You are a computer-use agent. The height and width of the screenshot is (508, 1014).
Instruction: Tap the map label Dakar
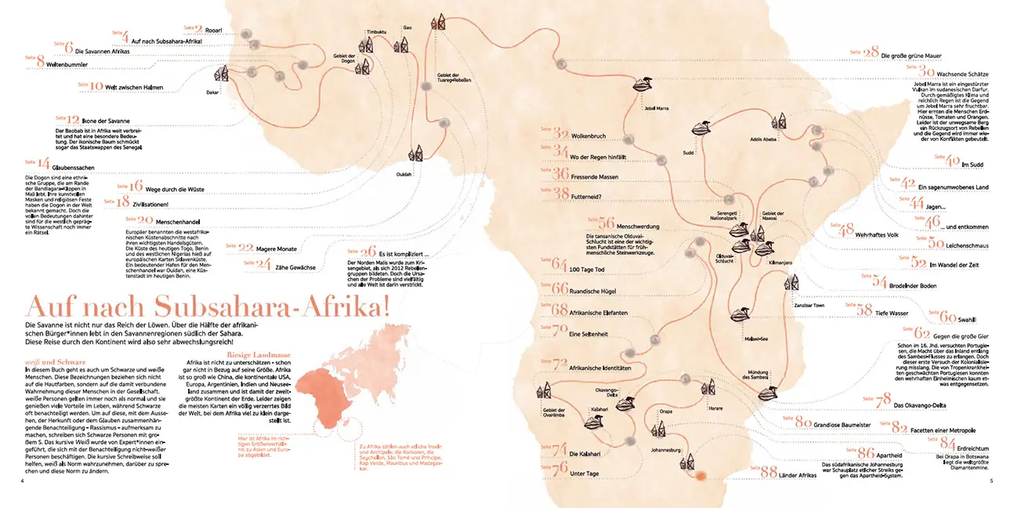tap(212, 92)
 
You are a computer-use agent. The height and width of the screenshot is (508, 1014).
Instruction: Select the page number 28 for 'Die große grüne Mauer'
tap(871, 53)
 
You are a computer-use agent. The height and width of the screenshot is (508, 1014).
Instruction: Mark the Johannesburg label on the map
tap(666, 450)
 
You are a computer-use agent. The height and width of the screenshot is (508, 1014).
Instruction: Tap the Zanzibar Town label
tap(809, 303)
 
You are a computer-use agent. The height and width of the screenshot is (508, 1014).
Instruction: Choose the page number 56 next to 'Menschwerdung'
tap(606, 223)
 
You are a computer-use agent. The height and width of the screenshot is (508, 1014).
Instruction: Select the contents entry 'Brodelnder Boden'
tap(913, 286)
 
